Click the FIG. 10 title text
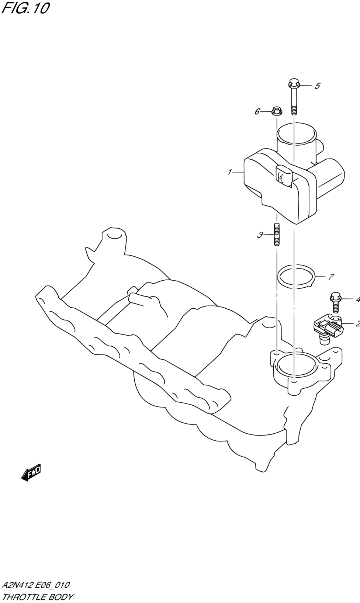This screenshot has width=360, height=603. pos(25,8)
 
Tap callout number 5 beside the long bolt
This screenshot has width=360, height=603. pos(318,86)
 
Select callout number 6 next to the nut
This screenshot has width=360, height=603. pos(257,111)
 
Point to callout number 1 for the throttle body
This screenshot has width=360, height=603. pos(230,172)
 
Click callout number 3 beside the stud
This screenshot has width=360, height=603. pos(260,235)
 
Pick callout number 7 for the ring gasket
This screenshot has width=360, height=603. pos(331,277)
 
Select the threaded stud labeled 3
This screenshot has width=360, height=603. pos(277,234)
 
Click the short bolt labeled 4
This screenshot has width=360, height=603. pos(336,302)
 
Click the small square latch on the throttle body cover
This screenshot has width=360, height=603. pos(284,176)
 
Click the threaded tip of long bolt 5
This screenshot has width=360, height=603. pos(294,110)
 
